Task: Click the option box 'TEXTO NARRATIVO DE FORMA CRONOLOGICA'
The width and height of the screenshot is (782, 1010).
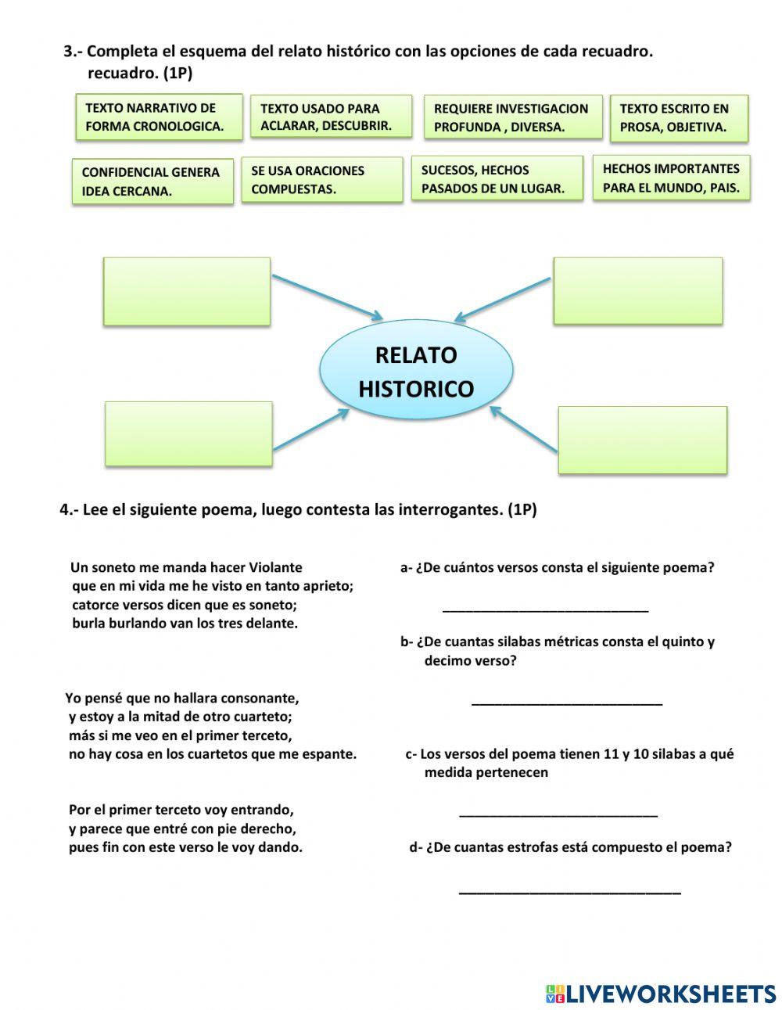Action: click(159, 117)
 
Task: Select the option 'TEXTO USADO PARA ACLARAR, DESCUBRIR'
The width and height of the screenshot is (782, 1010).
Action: click(331, 117)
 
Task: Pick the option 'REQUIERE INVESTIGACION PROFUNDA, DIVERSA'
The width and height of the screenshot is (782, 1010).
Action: click(513, 117)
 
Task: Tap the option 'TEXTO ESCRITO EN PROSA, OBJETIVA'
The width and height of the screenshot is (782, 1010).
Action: click(679, 118)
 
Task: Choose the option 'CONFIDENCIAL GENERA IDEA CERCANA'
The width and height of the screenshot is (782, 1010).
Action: click(152, 182)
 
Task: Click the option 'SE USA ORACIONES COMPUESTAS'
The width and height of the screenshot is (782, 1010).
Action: click(321, 180)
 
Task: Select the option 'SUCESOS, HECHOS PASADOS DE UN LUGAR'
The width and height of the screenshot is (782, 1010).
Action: click(497, 179)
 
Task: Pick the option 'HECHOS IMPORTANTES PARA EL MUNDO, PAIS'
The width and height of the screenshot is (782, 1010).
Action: click(671, 178)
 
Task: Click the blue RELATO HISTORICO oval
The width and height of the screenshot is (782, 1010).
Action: click(416, 372)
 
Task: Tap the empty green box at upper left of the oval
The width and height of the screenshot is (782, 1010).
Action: click(187, 291)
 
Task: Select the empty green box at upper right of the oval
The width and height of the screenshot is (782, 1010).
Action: click(637, 290)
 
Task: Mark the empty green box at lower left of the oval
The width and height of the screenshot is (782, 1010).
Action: click(188, 433)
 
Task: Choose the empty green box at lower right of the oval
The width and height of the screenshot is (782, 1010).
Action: click(642, 440)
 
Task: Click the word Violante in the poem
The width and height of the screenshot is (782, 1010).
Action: click(275, 567)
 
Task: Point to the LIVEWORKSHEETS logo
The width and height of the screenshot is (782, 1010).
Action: click(661, 994)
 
